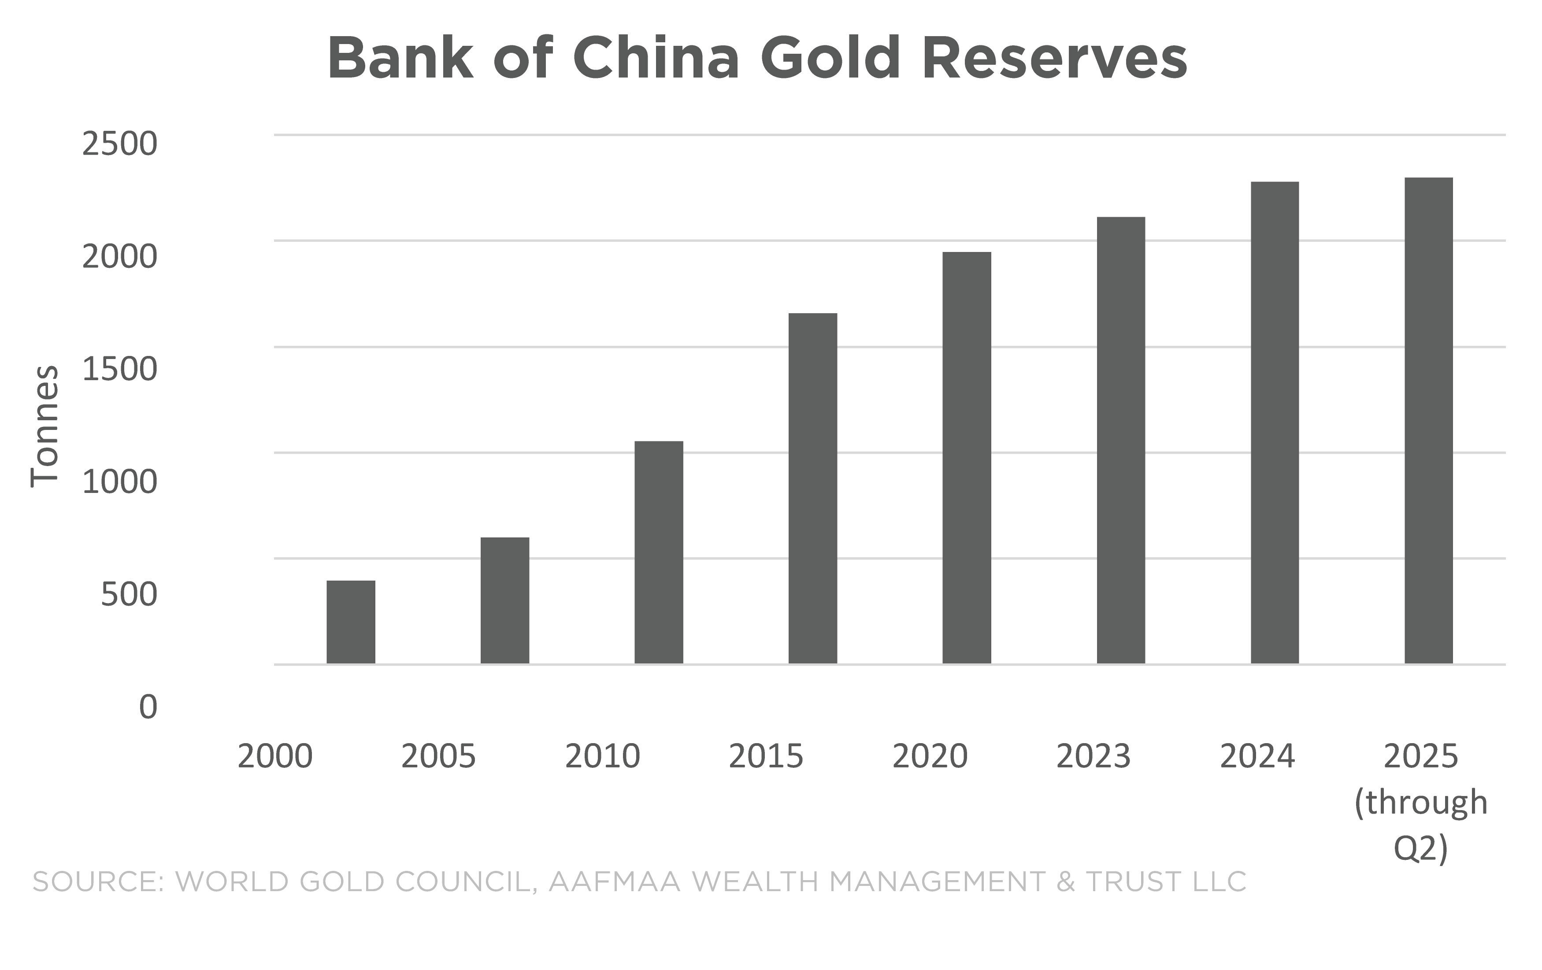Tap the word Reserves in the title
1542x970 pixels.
click(x=1054, y=58)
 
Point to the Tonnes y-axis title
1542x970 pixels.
click(x=45, y=426)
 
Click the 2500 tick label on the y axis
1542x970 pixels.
click(x=119, y=144)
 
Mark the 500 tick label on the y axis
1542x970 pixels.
click(x=129, y=594)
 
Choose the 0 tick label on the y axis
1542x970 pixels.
click(x=148, y=707)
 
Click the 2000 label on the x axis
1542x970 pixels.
click(x=275, y=756)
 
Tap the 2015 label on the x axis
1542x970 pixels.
click(x=766, y=756)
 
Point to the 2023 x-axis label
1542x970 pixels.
click(x=1093, y=756)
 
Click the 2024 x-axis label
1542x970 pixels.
click(x=1257, y=756)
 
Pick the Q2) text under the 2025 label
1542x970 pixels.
click(x=1420, y=848)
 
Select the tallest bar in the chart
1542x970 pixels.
click(x=1429, y=421)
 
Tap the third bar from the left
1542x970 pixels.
click(x=659, y=552)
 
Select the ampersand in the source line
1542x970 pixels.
click(x=1066, y=881)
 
